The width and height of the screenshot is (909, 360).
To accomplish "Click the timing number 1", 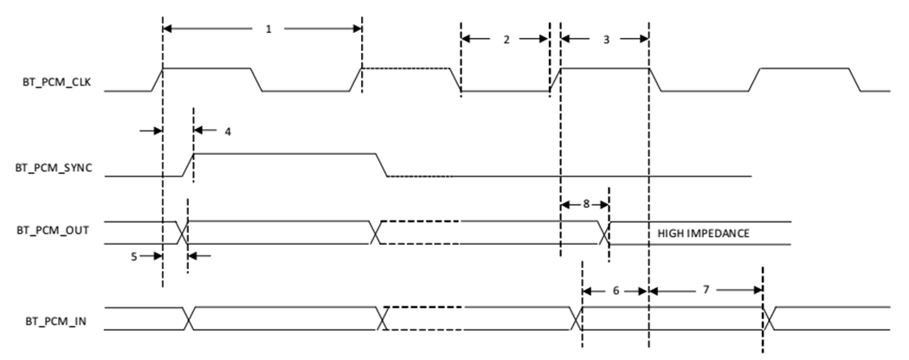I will [x=268, y=29].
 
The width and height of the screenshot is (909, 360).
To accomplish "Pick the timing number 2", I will [x=506, y=39].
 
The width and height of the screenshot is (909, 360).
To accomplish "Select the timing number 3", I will [x=605, y=39].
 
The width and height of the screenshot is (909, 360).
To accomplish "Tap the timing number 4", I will [x=228, y=132].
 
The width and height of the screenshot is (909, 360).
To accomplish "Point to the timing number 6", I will [x=616, y=291].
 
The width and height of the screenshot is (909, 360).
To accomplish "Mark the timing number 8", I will [x=585, y=204].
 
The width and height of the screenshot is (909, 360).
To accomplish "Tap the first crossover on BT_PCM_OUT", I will [x=182, y=233].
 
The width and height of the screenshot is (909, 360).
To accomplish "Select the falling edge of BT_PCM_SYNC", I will [x=382, y=164].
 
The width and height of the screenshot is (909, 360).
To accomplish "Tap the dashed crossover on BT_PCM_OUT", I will [x=375, y=233].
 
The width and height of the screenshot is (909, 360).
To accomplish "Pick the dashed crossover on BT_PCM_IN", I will [x=385, y=318].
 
